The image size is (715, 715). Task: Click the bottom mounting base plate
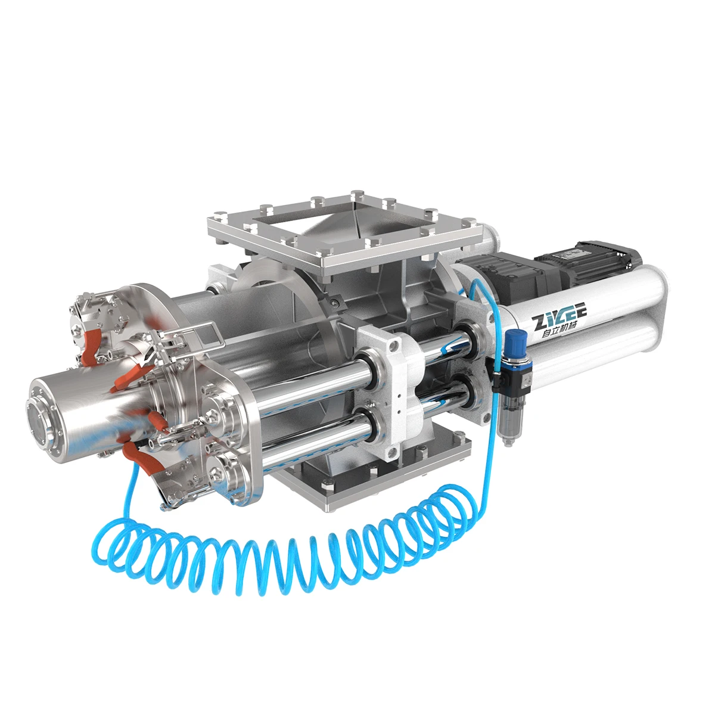tap(369, 477)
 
